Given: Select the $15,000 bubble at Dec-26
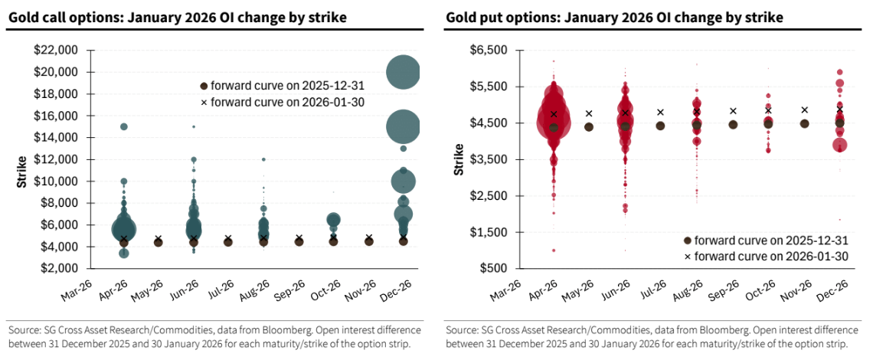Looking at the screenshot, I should pyautogui.click(x=403, y=126).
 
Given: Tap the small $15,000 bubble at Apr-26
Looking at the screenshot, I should pyautogui.click(x=124, y=126).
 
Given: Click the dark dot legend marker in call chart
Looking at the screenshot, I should pyautogui.click(x=204, y=87).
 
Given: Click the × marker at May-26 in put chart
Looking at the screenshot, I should pyautogui.click(x=589, y=113).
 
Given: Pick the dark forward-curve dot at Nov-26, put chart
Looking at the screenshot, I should pyautogui.click(x=804, y=123).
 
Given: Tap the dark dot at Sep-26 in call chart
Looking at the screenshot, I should pyautogui.click(x=299, y=241).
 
